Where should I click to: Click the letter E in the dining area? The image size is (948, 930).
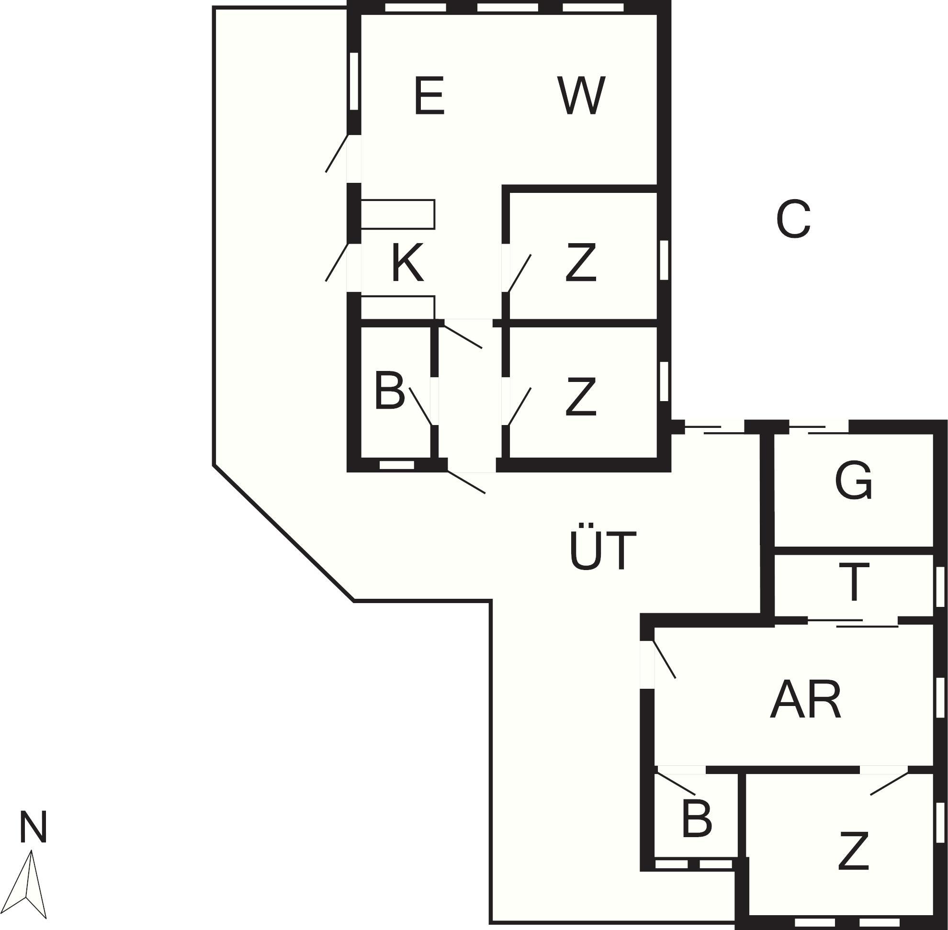tap(429, 96)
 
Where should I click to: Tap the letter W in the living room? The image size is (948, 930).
tap(581, 96)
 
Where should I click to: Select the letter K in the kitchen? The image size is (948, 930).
tap(407, 263)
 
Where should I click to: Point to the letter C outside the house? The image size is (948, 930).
tap(793, 219)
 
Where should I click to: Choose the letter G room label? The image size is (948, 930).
tap(853, 481)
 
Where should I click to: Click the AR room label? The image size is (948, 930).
tap(805, 699)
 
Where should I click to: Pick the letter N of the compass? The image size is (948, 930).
tap(33, 827)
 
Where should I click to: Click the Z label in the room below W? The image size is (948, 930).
tap(581, 263)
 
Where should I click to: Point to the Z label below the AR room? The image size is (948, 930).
tap(853, 852)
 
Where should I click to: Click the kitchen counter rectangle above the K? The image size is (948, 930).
tap(398, 214)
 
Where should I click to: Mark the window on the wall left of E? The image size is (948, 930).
tap(354, 81)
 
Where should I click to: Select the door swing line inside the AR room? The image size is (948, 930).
tap(665, 660)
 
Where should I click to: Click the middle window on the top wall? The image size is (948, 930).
tap(508, 8)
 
